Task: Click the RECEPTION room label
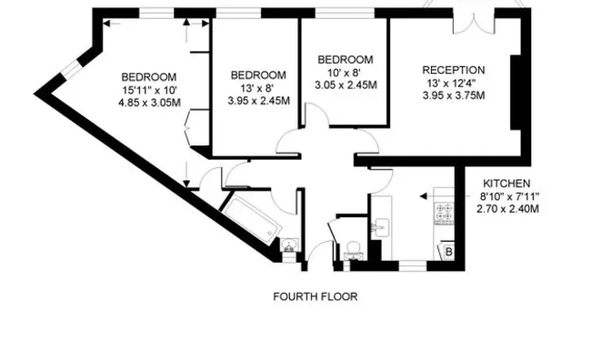click(454, 70)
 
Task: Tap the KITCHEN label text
click(506, 184)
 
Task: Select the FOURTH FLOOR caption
click(316, 296)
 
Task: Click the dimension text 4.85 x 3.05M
click(149, 103)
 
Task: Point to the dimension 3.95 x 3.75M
click(454, 95)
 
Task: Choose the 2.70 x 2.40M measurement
click(508, 208)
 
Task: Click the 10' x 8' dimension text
click(344, 73)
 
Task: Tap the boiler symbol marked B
click(449, 252)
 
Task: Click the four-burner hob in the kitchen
click(445, 214)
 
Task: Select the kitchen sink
click(381, 227)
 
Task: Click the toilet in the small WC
click(352, 250)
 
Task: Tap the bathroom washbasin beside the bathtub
click(288, 245)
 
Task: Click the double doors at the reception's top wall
click(474, 24)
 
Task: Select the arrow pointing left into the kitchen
click(446, 196)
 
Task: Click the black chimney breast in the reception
click(516, 93)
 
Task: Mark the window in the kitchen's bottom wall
click(413, 265)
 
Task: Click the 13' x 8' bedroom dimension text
click(257, 88)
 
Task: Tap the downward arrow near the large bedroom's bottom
click(186, 175)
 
